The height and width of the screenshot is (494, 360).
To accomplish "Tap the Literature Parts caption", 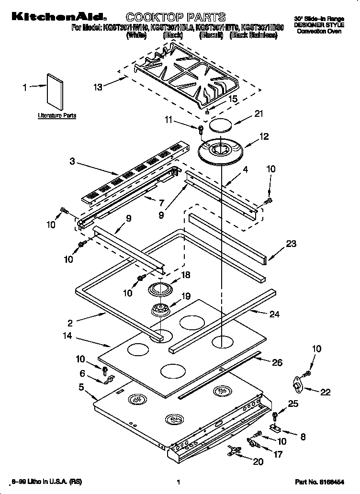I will point(57,116).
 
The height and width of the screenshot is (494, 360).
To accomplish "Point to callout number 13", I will point(98,87).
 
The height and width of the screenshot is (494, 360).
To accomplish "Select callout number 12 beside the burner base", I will point(264,137).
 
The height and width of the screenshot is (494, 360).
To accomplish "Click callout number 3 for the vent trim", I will point(72,162).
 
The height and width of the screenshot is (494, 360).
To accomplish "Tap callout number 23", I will point(291,244).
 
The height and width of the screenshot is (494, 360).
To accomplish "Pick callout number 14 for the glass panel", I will point(67,337).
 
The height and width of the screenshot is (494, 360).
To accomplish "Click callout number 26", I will point(277,362).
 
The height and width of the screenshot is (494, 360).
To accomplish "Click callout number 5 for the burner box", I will point(82,387).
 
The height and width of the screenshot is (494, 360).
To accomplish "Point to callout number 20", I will point(258,461).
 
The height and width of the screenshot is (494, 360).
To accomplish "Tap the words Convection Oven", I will point(319,31).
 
